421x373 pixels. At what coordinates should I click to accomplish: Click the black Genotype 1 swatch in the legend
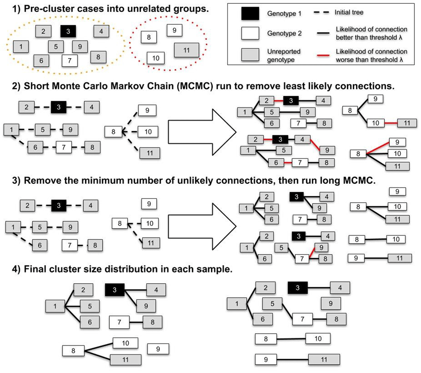click(249, 14)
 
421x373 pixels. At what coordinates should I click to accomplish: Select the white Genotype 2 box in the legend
click(249, 33)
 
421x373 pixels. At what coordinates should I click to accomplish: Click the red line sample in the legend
click(323, 52)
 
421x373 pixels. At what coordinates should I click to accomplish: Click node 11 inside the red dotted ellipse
click(187, 50)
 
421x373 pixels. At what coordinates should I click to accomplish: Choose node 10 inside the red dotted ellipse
click(155, 57)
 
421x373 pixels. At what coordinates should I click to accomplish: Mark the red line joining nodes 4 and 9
click(315, 144)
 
